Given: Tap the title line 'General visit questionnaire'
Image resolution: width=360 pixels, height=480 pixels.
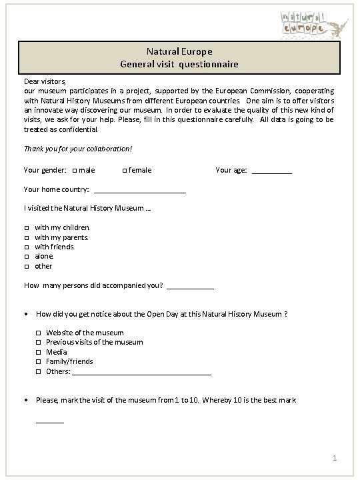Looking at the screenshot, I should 179,65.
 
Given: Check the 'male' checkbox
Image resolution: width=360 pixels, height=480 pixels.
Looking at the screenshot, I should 74,171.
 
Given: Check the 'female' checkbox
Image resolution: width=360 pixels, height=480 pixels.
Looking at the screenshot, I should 125,171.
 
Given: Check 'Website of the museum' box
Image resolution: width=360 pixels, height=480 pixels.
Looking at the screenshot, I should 39,333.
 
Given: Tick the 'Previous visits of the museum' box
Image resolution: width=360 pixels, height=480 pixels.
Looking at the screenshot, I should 39,343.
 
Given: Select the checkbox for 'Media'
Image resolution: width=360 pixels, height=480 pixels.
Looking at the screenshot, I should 39,352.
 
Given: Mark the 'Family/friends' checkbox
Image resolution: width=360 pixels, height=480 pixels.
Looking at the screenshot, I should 39,362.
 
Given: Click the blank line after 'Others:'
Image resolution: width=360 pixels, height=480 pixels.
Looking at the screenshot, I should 141,373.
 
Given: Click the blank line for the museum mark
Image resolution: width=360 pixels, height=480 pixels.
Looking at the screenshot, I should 50,421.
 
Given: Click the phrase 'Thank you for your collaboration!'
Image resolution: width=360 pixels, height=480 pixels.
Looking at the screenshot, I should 78,149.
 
